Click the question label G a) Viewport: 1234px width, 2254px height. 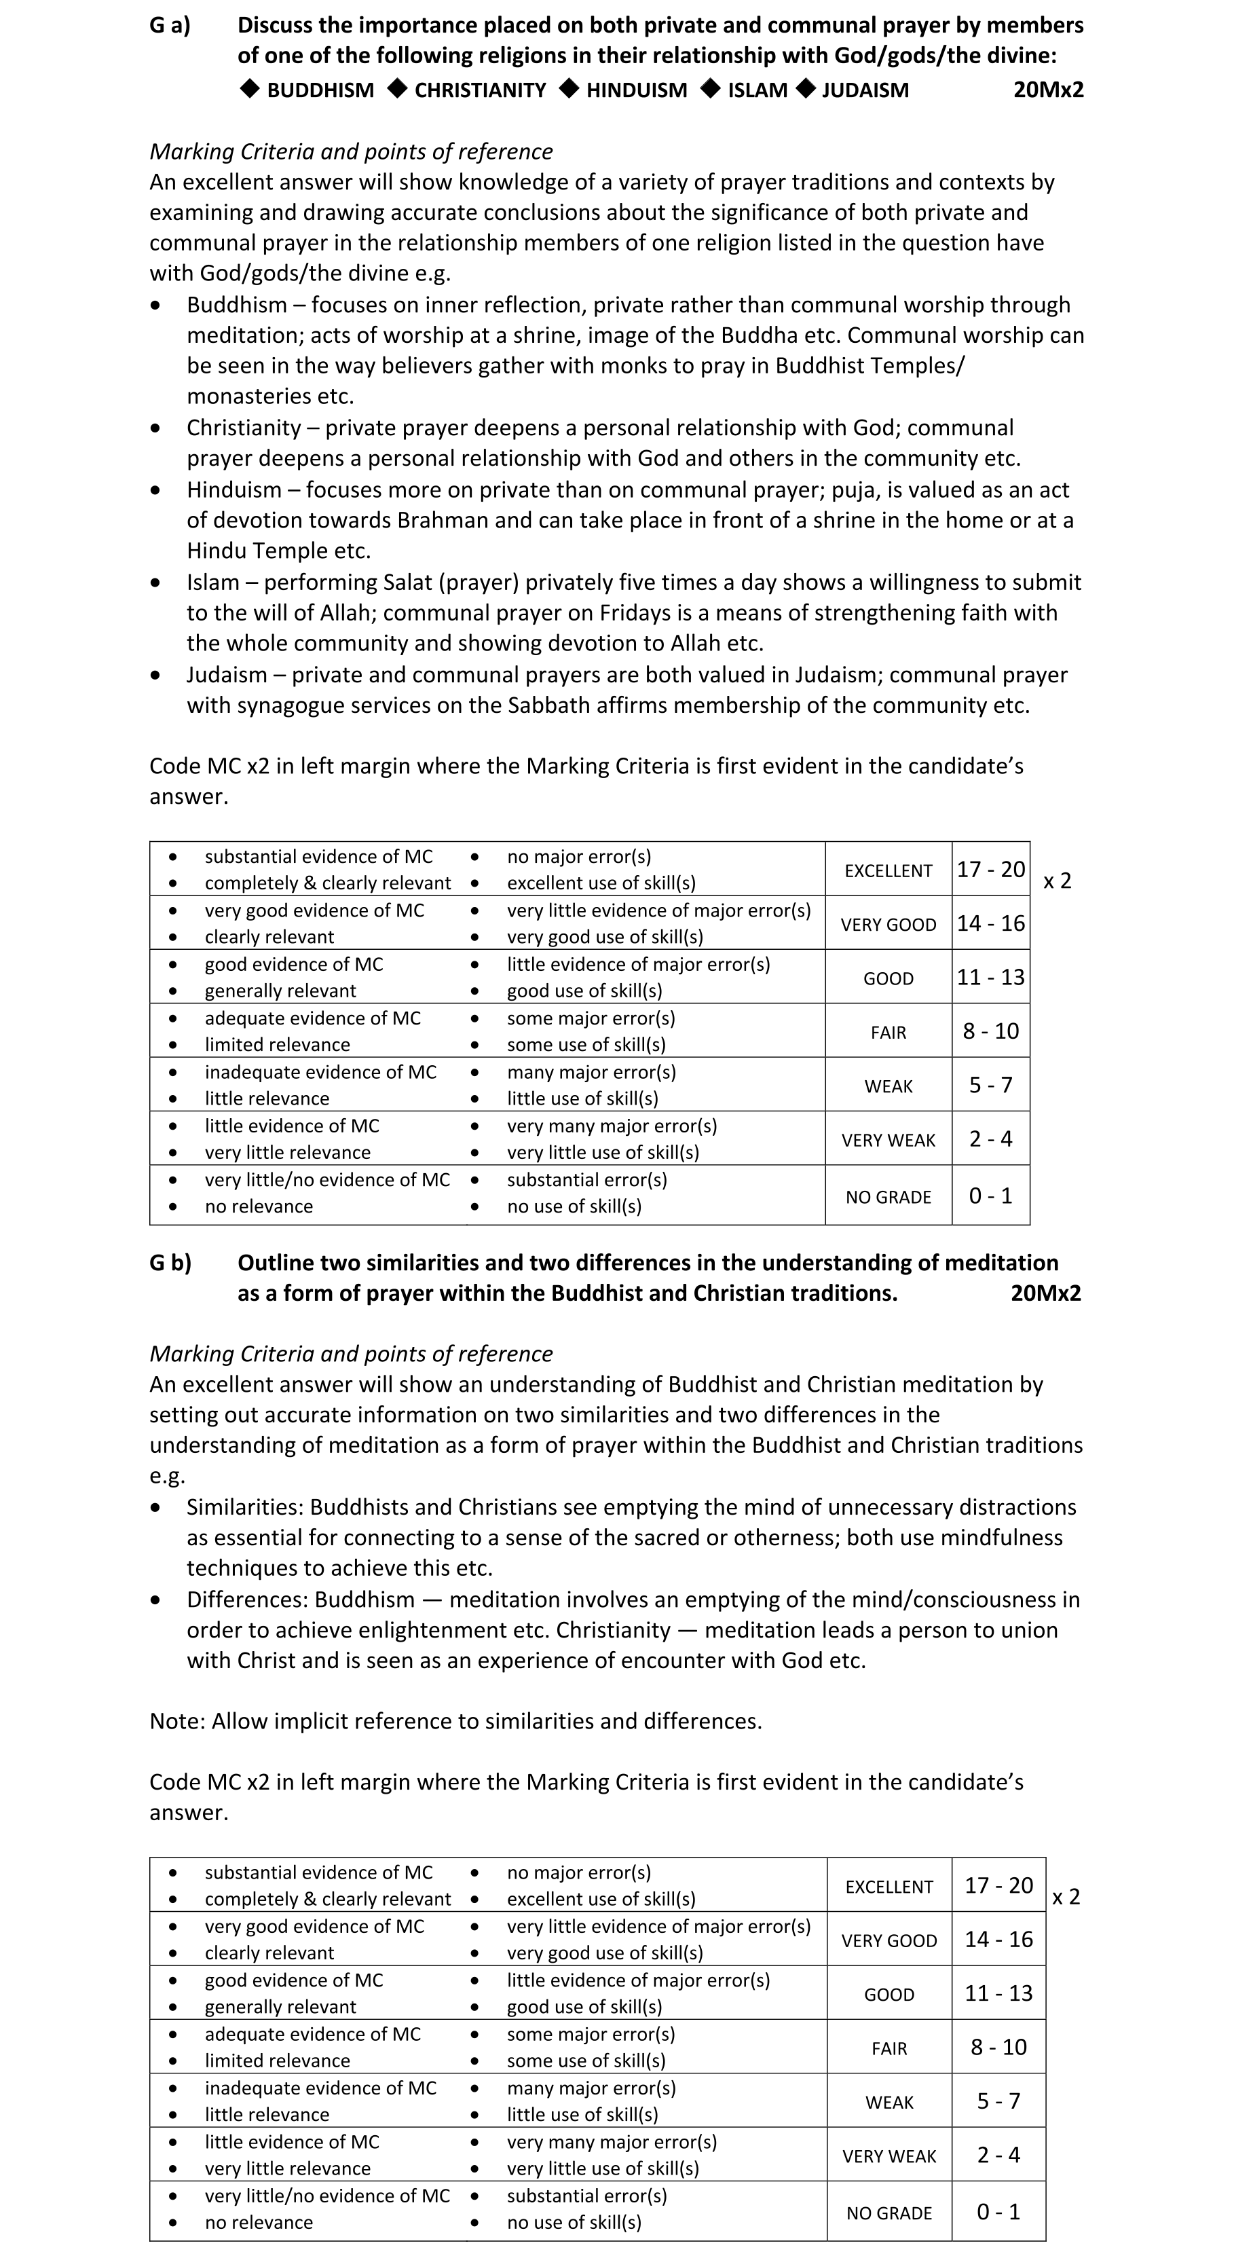pyautogui.click(x=170, y=25)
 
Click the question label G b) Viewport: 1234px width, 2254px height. pyautogui.click(x=170, y=1263)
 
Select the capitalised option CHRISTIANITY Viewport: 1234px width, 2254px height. pyautogui.click(x=480, y=90)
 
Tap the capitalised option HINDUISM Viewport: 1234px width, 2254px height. pyautogui.click(x=637, y=90)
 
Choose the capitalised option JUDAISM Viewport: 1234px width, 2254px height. pyautogui.click(x=865, y=90)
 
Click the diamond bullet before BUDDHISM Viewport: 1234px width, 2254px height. pyautogui.click(x=250, y=89)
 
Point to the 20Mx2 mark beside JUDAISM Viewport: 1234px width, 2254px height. pyautogui.click(x=1048, y=90)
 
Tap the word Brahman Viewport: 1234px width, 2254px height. pyautogui.click(x=440, y=521)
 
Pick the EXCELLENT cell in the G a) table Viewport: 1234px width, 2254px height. pyautogui.click(x=888, y=870)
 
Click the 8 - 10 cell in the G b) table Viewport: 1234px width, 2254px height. pyautogui.click(x=998, y=2047)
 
